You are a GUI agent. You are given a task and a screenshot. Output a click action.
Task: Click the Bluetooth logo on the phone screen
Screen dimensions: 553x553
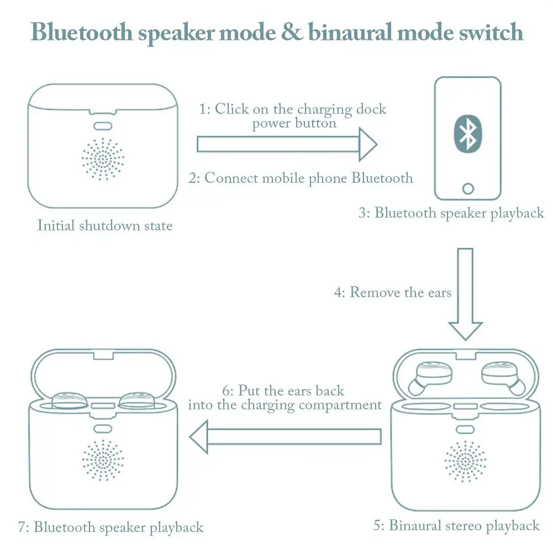(x=468, y=134)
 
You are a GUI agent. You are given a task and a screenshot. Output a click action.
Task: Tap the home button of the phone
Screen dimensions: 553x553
(x=468, y=189)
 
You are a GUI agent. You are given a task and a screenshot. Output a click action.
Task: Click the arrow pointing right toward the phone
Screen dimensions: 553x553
(x=287, y=144)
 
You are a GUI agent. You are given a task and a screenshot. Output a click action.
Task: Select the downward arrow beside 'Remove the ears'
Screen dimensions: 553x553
(x=465, y=294)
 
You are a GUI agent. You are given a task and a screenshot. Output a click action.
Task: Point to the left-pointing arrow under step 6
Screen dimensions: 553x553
(x=286, y=436)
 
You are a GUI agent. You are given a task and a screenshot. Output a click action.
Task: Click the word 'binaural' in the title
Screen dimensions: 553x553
(x=350, y=31)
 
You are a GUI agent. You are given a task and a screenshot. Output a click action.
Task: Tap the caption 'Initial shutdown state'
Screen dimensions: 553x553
(x=105, y=225)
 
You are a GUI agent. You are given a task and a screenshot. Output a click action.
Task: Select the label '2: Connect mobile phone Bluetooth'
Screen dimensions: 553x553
(x=301, y=178)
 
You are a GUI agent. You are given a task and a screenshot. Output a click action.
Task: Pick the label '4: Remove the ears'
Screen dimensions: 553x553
(x=393, y=292)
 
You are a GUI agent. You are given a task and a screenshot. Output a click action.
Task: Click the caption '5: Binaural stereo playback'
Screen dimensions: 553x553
(x=456, y=525)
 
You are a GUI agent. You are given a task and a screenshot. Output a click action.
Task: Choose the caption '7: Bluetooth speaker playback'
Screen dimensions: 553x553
(x=110, y=527)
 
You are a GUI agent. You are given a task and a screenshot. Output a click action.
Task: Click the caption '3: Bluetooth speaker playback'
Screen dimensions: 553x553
(x=451, y=213)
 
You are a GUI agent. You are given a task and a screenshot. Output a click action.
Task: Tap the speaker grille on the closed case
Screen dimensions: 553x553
(x=103, y=159)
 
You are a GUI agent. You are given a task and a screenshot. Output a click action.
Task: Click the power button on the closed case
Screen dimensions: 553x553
(x=103, y=126)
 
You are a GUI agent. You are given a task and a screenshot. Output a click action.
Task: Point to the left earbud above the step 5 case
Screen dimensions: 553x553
(x=430, y=377)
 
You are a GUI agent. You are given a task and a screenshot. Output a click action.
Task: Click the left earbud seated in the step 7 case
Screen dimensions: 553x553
(x=69, y=401)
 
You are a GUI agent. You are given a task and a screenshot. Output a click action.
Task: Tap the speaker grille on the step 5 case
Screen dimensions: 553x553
(x=465, y=461)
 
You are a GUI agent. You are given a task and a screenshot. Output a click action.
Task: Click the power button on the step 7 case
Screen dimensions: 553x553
(x=103, y=429)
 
